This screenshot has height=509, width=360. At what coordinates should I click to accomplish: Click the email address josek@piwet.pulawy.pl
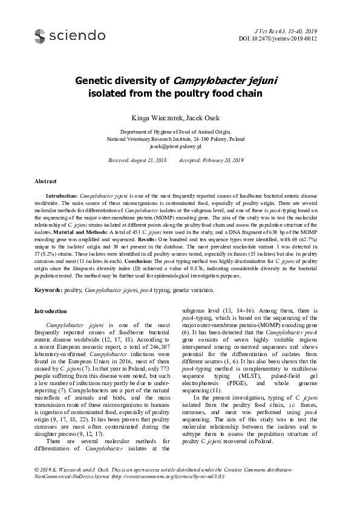tap(180, 146)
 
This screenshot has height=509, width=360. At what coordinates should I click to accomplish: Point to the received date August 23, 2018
tap(145, 160)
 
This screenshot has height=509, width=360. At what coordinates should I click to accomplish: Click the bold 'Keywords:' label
tap(48, 291)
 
